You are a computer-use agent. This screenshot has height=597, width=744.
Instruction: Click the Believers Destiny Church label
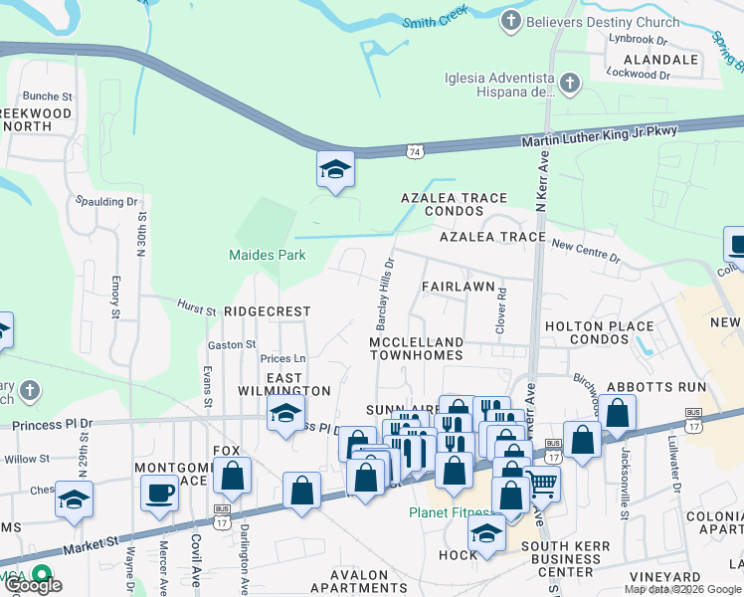point(604,22)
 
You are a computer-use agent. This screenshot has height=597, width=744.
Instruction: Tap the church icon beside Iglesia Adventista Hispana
point(570,84)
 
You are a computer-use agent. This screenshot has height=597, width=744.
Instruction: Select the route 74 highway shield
point(414,151)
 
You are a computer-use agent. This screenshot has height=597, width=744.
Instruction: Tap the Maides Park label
point(268,255)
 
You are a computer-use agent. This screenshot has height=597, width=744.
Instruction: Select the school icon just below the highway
point(336,171)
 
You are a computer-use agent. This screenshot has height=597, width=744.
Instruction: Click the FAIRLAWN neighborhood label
point(458,286)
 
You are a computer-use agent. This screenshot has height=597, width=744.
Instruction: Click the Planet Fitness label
point(449,513)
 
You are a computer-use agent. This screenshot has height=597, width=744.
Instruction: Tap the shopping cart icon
point(541,485)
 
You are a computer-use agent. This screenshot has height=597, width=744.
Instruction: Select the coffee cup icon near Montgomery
point(159,493)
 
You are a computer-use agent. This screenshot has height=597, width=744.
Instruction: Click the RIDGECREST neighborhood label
point(267,311)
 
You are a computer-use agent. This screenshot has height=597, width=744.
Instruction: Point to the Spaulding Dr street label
point(106,201)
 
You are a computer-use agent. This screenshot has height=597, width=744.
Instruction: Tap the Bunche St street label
point(49,97)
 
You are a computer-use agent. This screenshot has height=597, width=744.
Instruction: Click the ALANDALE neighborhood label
point(660,60)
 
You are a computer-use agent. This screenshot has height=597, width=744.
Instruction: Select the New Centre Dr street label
point(586,251)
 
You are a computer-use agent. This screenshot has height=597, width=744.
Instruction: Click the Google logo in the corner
point(33,585)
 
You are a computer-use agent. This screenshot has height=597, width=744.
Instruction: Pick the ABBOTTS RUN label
point(659,387)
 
